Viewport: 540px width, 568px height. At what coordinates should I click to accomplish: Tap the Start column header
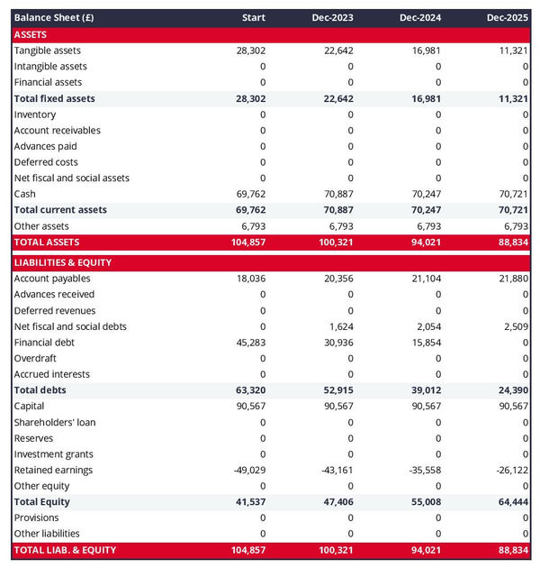[254, 18]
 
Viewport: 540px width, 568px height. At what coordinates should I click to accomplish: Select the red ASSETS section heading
[31, 34]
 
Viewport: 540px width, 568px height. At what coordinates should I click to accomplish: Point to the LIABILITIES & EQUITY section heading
[63, 262]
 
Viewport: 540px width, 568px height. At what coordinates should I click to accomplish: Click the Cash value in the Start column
[251, 194]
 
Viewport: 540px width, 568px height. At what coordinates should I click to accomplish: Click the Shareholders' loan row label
[55, 422]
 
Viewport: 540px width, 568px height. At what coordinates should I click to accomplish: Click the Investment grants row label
[53, 453]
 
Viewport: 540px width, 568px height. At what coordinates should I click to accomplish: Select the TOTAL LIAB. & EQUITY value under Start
[248, 549]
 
